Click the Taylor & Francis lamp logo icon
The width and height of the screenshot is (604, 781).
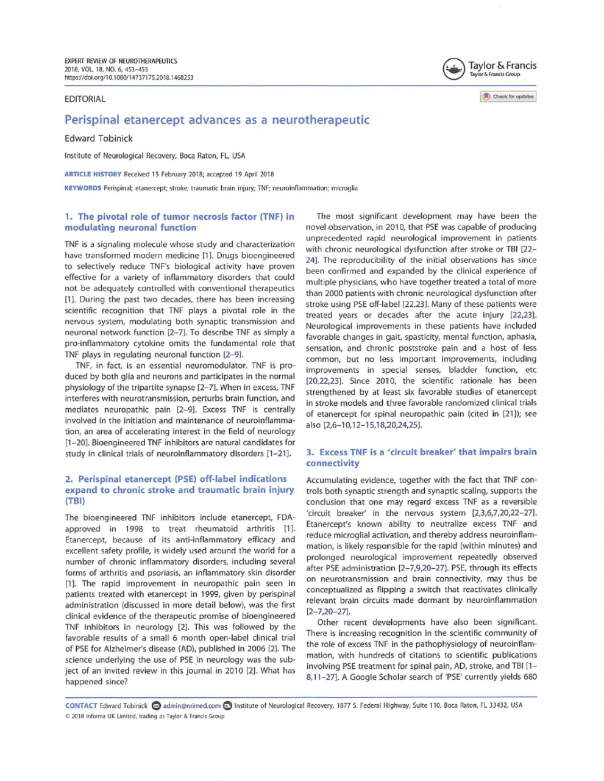pyautogui.click(x=454, y=69)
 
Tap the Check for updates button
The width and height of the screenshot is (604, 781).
pyautogui.click(x=508, y=96)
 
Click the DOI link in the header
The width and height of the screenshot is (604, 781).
pyautogui.click(x=129, y=77)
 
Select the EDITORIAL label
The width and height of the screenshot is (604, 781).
pyautogui.click(x=85, y=99)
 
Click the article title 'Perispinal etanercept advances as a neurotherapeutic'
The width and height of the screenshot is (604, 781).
pyautogui.click(x=217, y=120)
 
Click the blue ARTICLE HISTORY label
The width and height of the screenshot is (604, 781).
pyautogui.click(x=93, y=174)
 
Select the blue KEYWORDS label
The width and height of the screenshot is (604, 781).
pyautogui.click(x=83, y=188)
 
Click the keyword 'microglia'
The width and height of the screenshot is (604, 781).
pyautogui.click(x=344, y=188)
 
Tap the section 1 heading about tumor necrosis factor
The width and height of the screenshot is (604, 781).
pyautogui.click(x=179, y=221)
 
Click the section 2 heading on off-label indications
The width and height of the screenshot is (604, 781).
pyautogui.click(x=179, y=490)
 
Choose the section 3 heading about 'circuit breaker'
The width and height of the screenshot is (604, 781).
pyautogui.click(x=421, y=457)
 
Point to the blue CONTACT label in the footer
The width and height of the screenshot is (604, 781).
pyautogui.click(x=81, y=705)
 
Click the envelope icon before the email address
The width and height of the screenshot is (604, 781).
pyautogui.click(x=156, y=705)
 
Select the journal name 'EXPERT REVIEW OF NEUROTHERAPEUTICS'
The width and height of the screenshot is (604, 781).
pyautogui.click(x=121, y=61)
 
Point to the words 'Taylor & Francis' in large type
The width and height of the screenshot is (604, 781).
pyautogui.click(x=502, y=65)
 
